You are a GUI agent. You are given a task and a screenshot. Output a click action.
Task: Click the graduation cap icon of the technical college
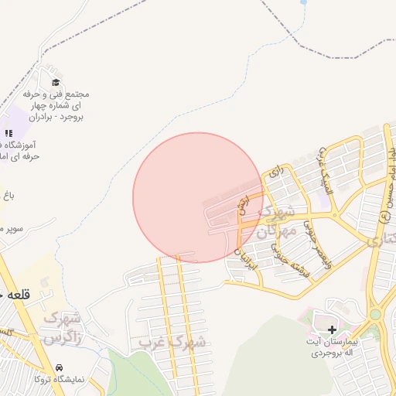point(55,82)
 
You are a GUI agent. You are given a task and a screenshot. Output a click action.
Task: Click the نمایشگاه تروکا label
point(65,380)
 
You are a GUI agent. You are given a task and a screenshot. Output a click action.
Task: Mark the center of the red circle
point(198,197)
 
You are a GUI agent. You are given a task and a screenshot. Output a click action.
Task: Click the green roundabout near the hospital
point(375,315)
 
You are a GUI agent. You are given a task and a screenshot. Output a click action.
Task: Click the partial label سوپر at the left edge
point(12,229)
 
